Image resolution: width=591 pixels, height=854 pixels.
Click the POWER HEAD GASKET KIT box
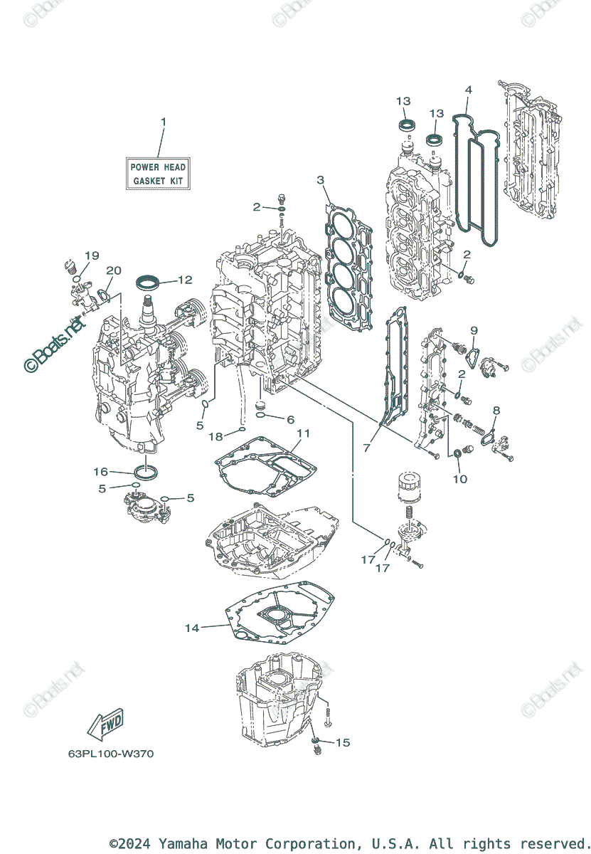[157, 174]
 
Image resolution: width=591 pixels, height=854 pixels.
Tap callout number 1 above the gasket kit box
[163, 122]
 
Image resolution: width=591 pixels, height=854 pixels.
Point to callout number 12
[185, 280]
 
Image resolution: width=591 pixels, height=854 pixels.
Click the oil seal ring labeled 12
[147, 282]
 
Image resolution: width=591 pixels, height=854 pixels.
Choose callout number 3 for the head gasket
[321, 179]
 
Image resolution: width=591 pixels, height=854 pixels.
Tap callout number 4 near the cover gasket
[468, 90]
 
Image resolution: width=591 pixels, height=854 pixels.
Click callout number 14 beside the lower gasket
[192, 628]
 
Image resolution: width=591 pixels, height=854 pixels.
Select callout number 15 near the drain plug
[343, 742]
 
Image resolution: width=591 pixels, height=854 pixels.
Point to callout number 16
[101, 471]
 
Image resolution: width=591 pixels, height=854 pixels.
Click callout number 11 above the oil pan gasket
[304, 433]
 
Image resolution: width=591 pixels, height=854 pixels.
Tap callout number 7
[367, 448]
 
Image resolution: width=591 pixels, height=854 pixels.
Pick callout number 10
[460, 479]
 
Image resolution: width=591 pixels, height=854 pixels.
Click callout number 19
[92, 255]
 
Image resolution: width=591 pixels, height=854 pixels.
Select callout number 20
[114, 270]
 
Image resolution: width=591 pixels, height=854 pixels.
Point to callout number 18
[215, 436]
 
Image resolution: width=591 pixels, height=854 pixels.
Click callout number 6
[289, 420]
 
